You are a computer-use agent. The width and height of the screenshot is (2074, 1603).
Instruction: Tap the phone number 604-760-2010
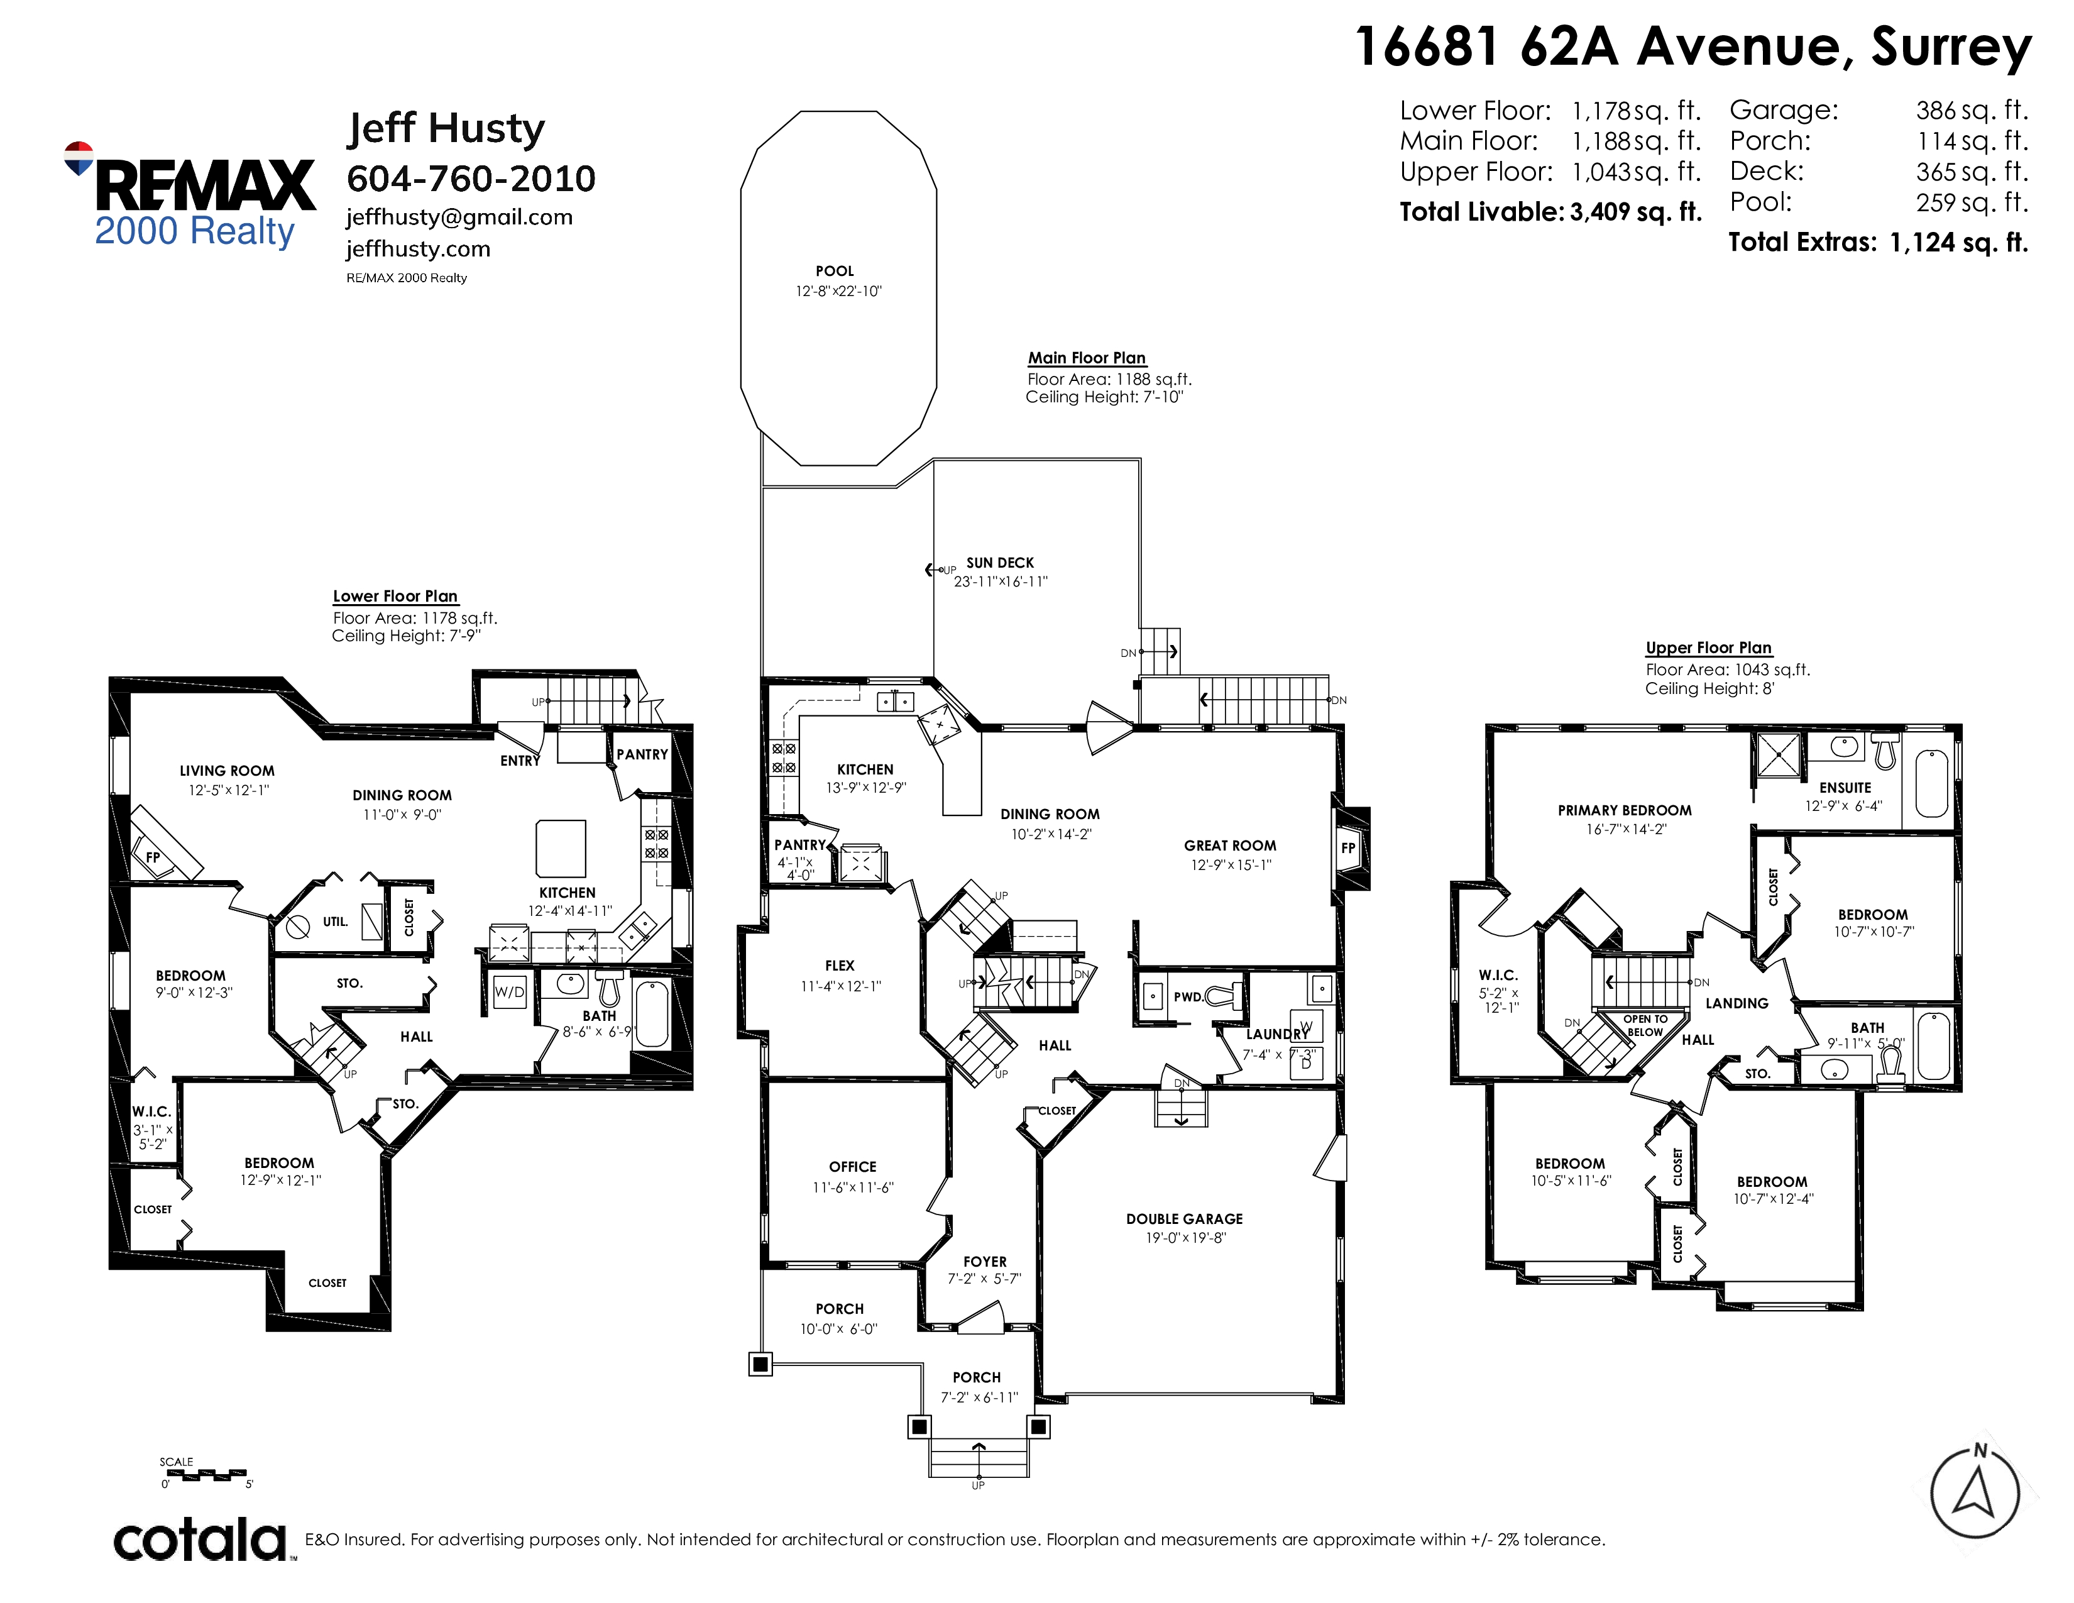pyautogui.click(x=471, y=179)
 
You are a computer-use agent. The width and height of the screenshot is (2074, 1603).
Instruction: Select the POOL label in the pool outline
pyautogui.click(x=835, y=272)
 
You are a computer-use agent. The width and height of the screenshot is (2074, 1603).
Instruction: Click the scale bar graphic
pyautogui.click(x=205, y=1475)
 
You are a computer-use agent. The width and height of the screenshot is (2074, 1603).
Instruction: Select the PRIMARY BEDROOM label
pyautogui.click(x=1625, y=811)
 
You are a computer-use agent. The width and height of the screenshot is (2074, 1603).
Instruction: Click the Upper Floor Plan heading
pyautogui.click(x=1708, y=647)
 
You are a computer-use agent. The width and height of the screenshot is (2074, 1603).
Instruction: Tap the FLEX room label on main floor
pyautogui.click(x=840, y=966)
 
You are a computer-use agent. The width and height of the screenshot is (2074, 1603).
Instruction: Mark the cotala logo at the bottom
pyautogui.click(x=201, y=1540)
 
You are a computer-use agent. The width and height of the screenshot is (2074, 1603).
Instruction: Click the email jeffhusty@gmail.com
pyautogui.click(x=459, y=218)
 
